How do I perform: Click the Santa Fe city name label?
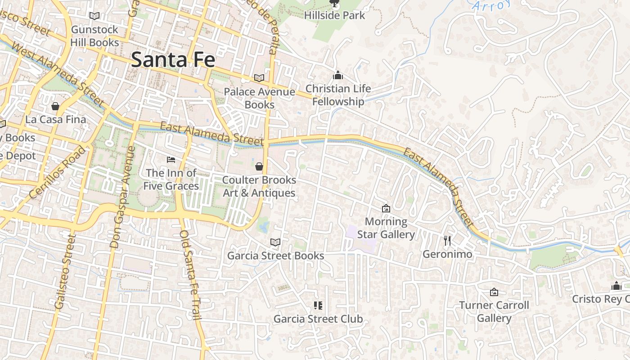(x=173, y=60)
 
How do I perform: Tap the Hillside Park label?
(x=334, y=15)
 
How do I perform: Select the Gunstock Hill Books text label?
(x=94, y=36)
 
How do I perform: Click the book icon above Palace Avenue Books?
(x=259, y=78)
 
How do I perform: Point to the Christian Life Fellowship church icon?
(x=337, y=75)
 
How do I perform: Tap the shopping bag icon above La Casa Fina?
(x=55, y=106)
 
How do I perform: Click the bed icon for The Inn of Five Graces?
(x=171, y=159)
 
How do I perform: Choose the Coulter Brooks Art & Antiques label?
(x=259, y=186)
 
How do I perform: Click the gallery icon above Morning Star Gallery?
(x=386, y=208)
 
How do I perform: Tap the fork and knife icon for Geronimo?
(x=447, y=240)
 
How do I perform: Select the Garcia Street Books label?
(x=275, y=256)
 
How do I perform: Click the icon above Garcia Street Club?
(x=318, y=306)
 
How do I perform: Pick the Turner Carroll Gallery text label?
(x=494, y=311)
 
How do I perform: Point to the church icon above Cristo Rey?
(x=616, y=285)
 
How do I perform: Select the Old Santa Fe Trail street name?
(x=190, y=274)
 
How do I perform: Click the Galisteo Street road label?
(x=63, y=271)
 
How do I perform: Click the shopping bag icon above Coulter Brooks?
(x=259, y=166)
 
